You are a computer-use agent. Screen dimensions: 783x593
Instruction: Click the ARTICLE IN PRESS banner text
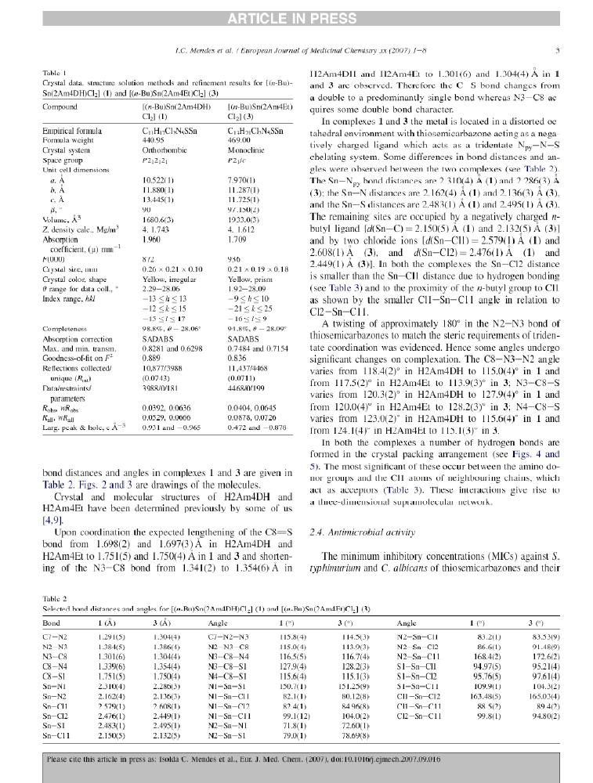coord(296,9)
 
